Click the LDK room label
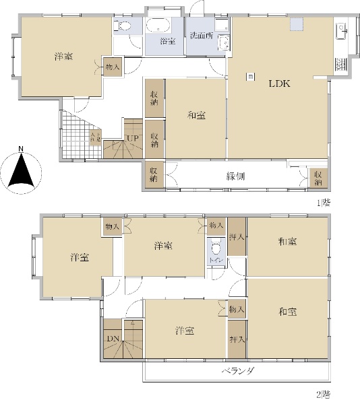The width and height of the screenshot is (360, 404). (279, 84)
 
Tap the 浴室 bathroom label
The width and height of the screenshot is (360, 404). (167, 42)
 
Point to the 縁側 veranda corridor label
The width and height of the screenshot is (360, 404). (235, 176)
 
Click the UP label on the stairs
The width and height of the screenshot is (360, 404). (133, 139)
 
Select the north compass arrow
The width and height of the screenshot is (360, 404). (22, 170)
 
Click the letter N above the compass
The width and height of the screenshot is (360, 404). (22, 149)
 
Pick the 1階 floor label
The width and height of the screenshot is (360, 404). (325, 201)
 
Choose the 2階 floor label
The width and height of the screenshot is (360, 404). (325, 394)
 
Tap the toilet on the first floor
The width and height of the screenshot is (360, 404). (123, 27)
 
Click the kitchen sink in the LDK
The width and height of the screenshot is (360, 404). (340, 30)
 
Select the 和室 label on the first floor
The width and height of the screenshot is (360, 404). (196, 116)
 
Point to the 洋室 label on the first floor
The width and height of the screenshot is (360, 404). (63, 57)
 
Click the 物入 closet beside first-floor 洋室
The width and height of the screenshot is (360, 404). (112, 67)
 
